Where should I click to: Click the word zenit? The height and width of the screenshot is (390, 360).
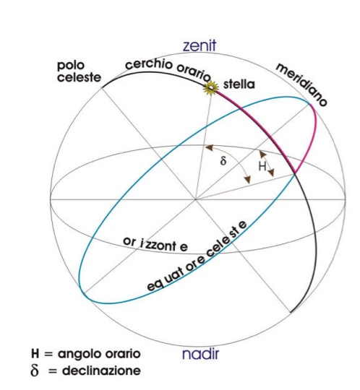click(200, 46)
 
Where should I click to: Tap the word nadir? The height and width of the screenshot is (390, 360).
click(200, 353)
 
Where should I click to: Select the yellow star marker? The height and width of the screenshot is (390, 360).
click(211, 88)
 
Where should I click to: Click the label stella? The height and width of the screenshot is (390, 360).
click(239, 84)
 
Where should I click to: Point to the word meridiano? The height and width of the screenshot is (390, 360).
click(301, 84)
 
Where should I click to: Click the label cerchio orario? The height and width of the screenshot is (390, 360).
click(168, 69)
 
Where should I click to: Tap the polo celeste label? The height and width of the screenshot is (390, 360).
click(79, 71)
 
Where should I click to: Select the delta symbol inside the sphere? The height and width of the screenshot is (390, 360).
click(223, 161)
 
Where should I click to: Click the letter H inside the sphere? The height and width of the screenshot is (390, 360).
click(262, 166)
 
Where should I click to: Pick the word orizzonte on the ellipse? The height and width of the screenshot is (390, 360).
click(155, 245)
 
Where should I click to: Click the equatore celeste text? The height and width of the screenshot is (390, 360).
click(197, 256)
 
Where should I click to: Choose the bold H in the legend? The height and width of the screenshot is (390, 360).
click(35, 354)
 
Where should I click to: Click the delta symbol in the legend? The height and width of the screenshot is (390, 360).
click(35, 370)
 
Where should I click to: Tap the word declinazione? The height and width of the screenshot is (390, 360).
click(102, 370)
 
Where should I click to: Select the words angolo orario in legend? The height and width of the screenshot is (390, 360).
click(99, 354)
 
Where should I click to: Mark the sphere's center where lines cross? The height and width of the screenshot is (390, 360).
click(196, 199)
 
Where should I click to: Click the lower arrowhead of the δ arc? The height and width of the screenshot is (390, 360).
click(247, 180)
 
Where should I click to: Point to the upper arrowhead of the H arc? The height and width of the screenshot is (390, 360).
click(263, 155)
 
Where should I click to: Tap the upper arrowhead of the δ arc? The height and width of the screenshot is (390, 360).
click(209, 148)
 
